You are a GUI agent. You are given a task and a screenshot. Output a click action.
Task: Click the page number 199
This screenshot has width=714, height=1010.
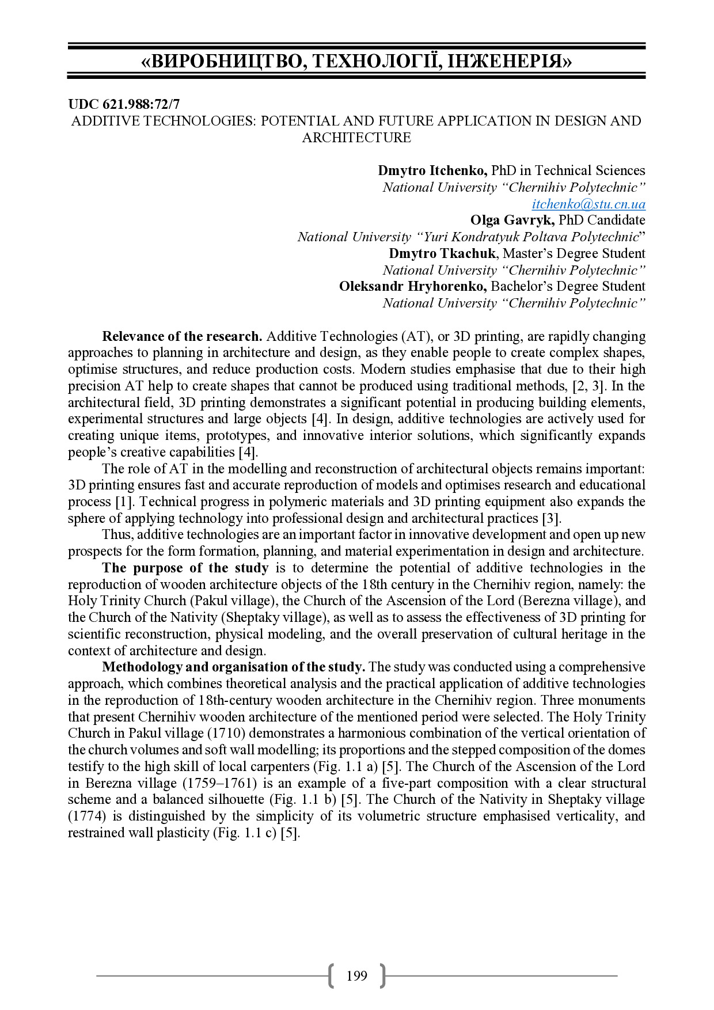pos(356,975)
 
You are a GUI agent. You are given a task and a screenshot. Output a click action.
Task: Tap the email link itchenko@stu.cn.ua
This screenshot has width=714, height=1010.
pos(588,204)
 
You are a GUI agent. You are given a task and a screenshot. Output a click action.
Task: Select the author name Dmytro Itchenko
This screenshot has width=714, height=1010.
pos(432,170)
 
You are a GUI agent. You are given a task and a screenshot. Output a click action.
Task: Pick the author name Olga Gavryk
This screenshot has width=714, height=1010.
pos(512,220)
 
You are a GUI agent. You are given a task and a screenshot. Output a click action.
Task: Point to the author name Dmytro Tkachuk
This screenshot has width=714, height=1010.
pos(442,253)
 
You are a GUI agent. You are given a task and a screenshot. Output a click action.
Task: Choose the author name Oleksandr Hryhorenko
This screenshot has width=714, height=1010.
pos(413,286)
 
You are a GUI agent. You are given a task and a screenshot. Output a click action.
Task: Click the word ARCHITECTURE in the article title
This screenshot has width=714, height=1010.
pos(356,138)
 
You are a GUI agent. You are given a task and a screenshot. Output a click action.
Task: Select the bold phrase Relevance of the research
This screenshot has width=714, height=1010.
pos(182,336)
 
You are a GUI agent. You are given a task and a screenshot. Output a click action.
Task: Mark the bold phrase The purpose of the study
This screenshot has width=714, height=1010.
pos(185,568)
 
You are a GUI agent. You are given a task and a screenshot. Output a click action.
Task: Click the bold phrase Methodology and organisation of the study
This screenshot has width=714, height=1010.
pos(233,667)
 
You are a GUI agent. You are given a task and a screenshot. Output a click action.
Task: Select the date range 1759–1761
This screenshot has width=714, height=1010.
pos(219,783)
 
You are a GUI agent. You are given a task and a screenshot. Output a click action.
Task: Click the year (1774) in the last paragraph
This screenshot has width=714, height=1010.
pos(87,816)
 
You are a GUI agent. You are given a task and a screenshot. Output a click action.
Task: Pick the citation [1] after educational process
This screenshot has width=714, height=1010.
pos(124,502)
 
